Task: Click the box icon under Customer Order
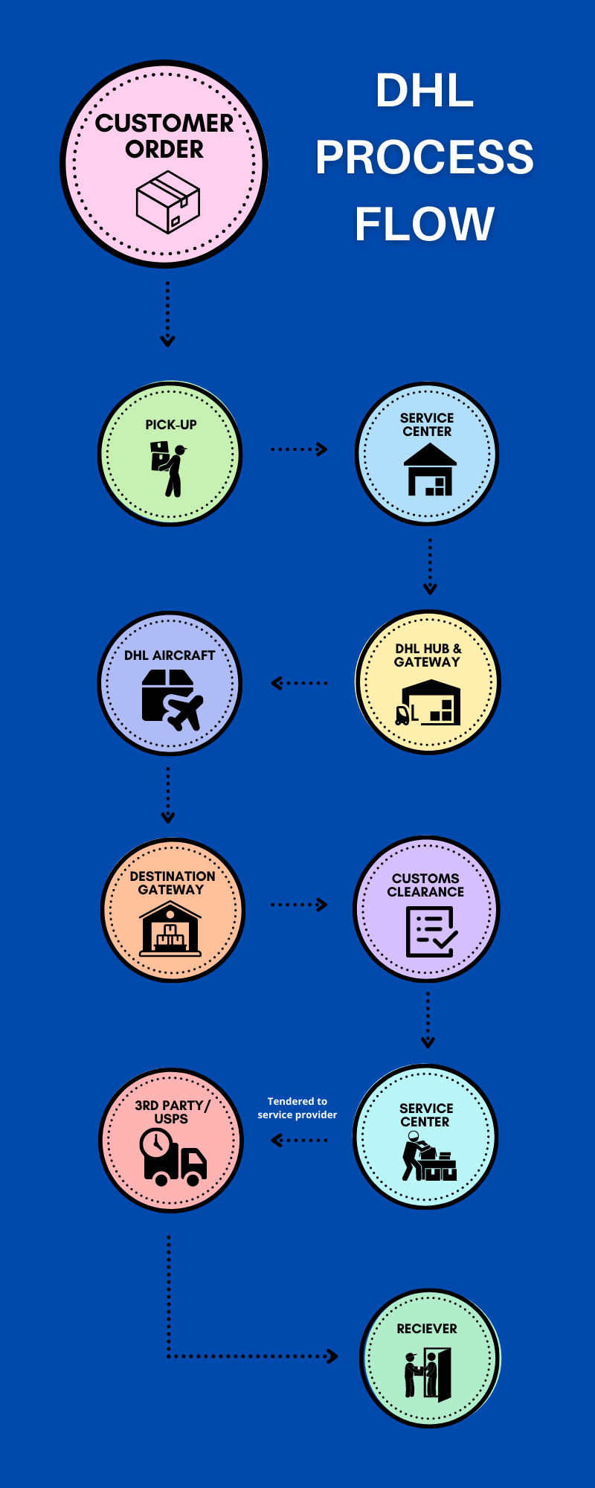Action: click(167, 202)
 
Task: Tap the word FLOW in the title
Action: click(424, 224)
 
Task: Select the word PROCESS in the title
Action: click(424, 157)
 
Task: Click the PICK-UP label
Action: click(171, 425)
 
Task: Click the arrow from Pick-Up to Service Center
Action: click(299, 449)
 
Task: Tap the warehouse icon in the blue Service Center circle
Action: click(430, 469)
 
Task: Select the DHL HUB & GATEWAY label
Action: click(428, 655)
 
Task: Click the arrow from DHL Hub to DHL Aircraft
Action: click(299, 683)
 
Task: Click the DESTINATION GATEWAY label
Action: click(172, 883)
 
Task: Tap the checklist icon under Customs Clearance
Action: click(431, 932)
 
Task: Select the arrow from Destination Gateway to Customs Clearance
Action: click(299, 905)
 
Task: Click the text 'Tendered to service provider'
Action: click(297, 1108)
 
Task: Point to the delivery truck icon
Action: click(173, 1158)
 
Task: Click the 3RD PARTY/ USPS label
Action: click(172, 1112)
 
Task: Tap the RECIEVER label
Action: click(427, 1329)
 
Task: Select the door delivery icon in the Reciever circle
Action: click(428, 1374)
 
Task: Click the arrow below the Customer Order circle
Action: click(168, 315)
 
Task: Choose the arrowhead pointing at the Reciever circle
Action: click(332, 1356)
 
